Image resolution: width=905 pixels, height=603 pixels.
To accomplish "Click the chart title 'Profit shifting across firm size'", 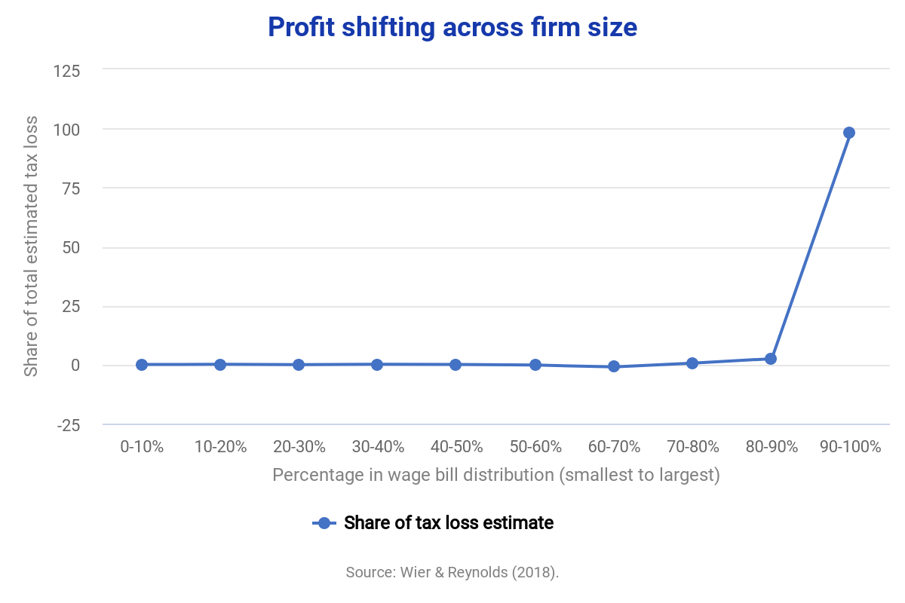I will click(452, 28).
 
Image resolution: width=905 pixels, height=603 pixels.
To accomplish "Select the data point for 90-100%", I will click(849, 133).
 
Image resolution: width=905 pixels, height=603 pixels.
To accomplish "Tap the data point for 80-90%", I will click(771, 359).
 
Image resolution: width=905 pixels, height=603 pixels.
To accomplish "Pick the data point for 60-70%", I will click(614, 366).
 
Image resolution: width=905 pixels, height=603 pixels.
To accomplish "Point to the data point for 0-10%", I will click(142, 365).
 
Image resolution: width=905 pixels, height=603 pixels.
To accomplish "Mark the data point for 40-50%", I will click(456, 365).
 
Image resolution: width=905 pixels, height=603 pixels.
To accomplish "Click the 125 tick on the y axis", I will click(67, 71).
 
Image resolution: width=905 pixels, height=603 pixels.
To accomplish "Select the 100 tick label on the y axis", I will click(67, 130).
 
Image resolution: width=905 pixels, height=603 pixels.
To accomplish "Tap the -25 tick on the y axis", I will click(69, 425).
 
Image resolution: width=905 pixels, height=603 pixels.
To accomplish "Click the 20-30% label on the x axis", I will click(299, 446).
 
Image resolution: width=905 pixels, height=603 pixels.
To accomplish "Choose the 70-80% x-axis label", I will click(692, 446).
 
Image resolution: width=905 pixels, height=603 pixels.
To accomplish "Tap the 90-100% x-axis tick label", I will click(850, 446).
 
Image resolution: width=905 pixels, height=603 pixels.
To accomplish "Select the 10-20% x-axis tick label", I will click(220, 446).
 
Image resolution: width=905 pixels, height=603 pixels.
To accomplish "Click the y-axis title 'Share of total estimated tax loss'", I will click(31, 247).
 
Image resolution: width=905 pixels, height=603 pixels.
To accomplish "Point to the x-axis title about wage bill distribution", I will click(495, 476).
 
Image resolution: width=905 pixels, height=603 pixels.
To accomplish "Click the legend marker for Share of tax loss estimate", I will click(324, 523).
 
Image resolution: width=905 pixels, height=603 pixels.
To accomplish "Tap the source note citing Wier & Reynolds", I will click(452, 572).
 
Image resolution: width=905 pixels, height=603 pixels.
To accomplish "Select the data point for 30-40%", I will click(377, 365).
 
